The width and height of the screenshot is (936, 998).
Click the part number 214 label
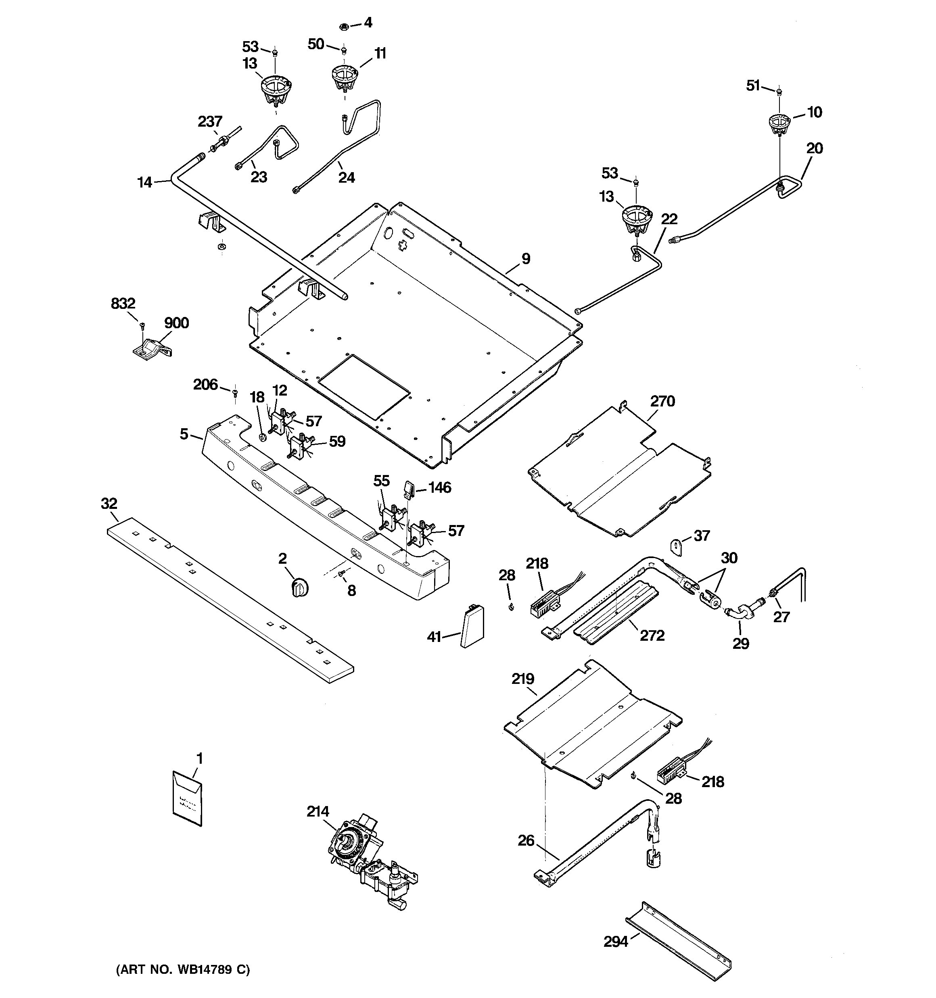coord(318,812)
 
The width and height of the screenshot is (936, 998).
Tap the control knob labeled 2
coord(299,586)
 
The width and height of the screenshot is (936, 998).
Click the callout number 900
coord(176,323)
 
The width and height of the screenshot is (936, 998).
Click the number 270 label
coord(662,401)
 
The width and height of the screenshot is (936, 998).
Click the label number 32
coord(109,504)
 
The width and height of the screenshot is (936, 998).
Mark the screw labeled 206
coord(235,392)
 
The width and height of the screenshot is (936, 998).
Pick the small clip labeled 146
coord(408,488)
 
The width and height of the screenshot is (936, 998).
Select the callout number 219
coord(522,679)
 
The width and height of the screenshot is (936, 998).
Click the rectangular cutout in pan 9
coord(364,386)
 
